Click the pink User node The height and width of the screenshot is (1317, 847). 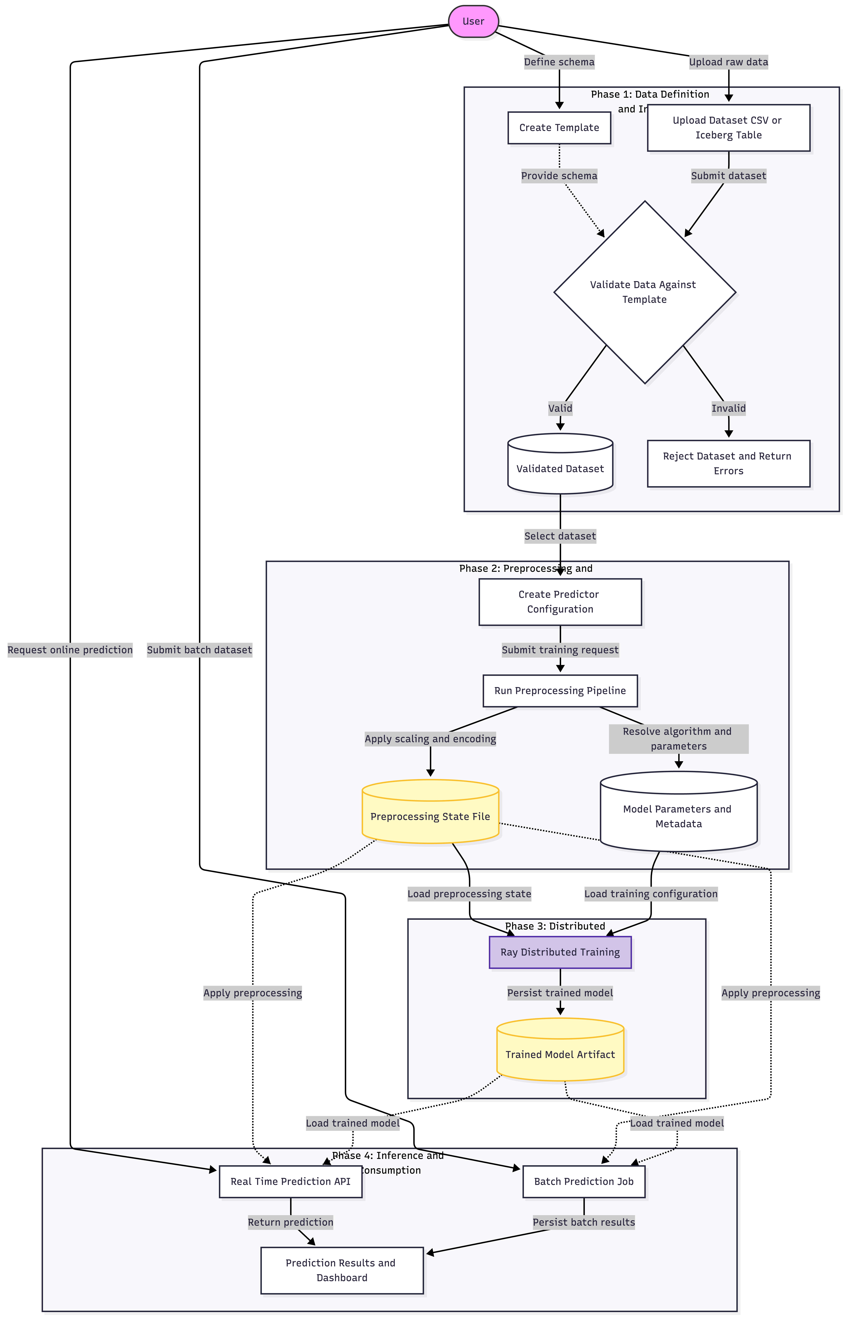tap(474, 22)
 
